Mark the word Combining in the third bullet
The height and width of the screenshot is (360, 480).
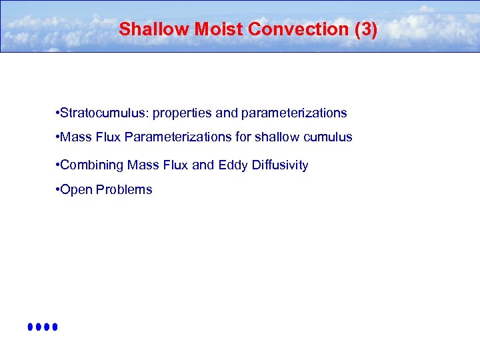pyautogui.click(x=92, y=165)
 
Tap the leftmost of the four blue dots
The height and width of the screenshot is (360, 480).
pyautogui.click(x=31, y=327)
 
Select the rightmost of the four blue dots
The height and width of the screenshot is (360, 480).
pyautogui.click(x=56, y=327)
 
